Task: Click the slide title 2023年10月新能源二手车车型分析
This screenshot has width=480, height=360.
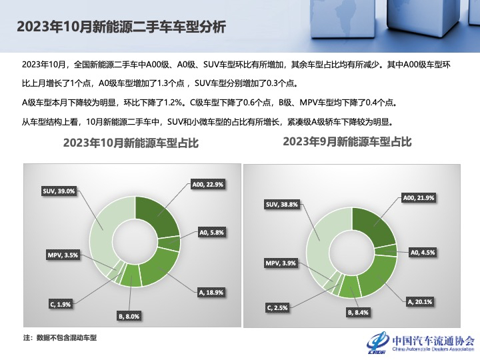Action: tap(121, 27)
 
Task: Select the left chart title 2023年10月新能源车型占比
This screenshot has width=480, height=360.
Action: tap(131, 143)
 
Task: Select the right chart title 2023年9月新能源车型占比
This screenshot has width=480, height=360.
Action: tap(347, 141)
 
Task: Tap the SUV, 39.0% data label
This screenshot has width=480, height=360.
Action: tap(59, 191)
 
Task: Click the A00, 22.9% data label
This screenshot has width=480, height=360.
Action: tap(207, 184)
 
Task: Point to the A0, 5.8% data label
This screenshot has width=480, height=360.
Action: tap(212, 233)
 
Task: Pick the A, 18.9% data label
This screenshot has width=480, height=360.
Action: tap(211, 291)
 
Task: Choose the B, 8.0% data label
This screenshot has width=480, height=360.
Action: tap(129, 316)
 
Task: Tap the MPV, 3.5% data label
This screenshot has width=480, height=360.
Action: tap(62, 255)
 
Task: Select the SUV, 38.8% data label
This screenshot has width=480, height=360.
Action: tap(281, 205)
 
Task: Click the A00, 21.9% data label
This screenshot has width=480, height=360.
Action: tap(419, 198)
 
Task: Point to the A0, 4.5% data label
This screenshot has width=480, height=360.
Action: tap(423, 253)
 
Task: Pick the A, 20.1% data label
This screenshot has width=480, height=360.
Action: tap(420, 301)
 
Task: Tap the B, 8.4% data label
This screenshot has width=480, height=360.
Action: tap(357, 312)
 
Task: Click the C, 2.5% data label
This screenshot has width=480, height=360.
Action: tap(277, 307)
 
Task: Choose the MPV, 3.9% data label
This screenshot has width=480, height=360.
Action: tap(281, 263)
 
